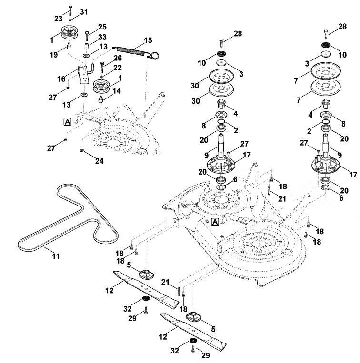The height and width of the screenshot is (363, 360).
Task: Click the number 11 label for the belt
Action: [x=56, y=256]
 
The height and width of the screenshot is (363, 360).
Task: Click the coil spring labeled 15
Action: [x=136, y=52]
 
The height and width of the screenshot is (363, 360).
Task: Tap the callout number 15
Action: [x=148, y=40]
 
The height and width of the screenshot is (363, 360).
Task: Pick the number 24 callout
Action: [x=100, y=161]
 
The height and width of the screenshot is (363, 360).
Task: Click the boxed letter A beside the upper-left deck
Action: [x=67, y=122]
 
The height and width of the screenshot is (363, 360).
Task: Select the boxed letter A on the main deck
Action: [x=215, y=222]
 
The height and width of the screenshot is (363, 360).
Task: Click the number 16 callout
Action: [x=61, y=79]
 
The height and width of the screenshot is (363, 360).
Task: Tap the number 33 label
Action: [x=102, y=37]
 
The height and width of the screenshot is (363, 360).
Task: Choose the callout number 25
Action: [x=102, y=27]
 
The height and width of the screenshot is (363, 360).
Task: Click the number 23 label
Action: [x=59, y=19]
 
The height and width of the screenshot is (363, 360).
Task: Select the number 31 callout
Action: [x=84, y=12]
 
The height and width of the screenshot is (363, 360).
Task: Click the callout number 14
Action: [x=117, y=91]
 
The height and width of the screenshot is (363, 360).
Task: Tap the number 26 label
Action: [x=118, y=58]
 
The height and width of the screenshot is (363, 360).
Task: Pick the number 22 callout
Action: [x=118, y=68]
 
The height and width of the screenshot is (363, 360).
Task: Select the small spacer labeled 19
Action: [x=69, y=46]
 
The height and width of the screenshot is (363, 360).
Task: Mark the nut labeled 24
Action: [x=81, y=151]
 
